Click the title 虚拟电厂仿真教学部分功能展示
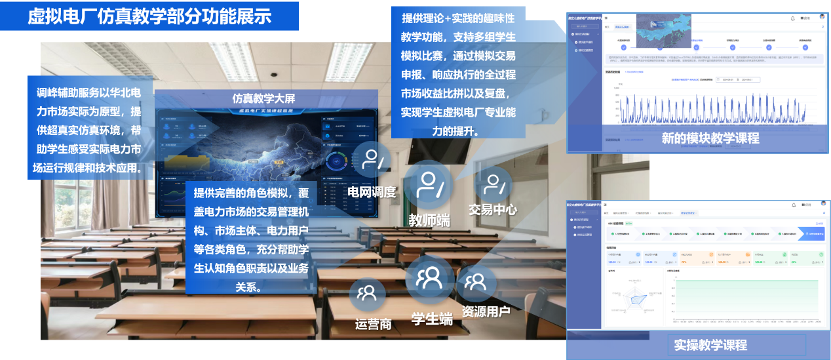coord(149,16)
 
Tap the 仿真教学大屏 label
coord(264,98)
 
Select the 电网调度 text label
coord(372,192)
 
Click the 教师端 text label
coord(429,220)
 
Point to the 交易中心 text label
coord(493,210)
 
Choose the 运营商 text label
coord(373,323)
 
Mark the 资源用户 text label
coord(486,311)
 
